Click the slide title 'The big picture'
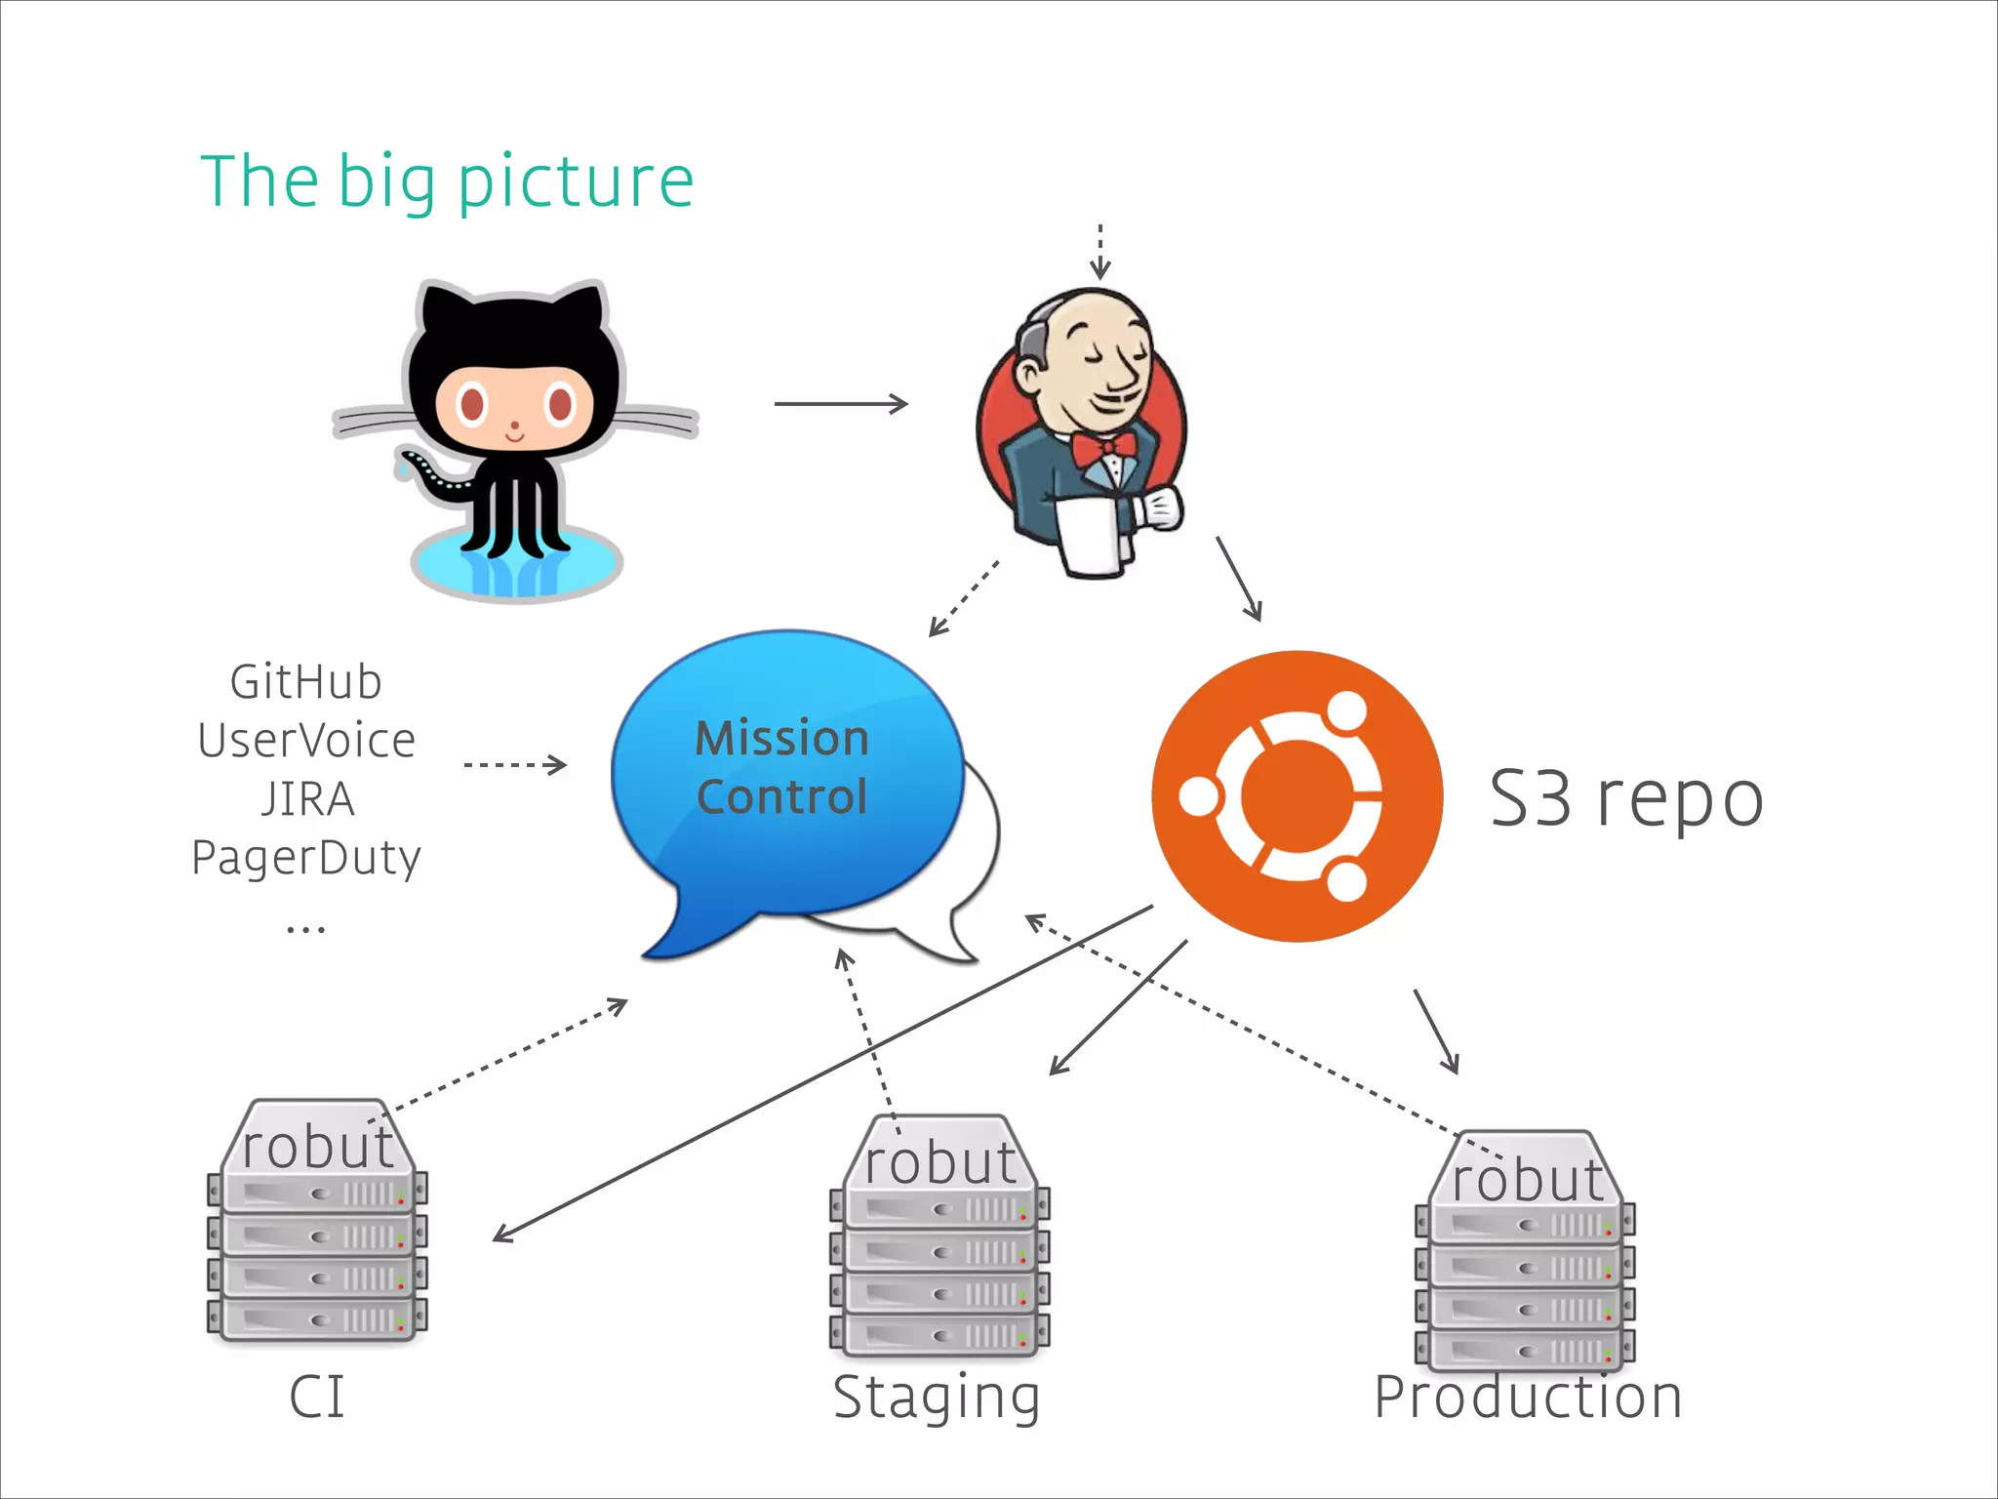pyautogui.click(x=447, y=182)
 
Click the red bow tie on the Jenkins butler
pyautogui.click(x=1102, y=450)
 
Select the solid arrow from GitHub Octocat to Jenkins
pyautogui.click(x=840, y=403)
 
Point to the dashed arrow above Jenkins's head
pyautogui.click(x=1099, y=251)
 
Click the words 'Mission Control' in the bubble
pyautogui.click(x=781, y=767)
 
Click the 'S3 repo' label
pyautogui.click(x=1626, y=798)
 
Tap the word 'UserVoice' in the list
pyautogui.click(x=306, y=741)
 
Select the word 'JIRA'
pyautogui.click(x=307, y=799)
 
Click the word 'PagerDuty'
pyautogui.click(x=306, y=859)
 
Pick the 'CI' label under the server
pyautogui.click(x=317, y=1398)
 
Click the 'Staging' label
pyautogui.click(x=936, y=1398)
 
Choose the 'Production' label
pyautogui.click(x=1528, y=1398)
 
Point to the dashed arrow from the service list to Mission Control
pyautogui.click(x=515, y=764)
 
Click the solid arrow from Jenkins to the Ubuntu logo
pyautogui.click(x=1239, y=578)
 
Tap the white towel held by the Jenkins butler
pyautogui.click(x=1094, y=538)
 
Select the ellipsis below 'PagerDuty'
pyautogui.click(x=305, y=928)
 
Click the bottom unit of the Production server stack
pyautogui.click(x=1525, y=1351)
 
